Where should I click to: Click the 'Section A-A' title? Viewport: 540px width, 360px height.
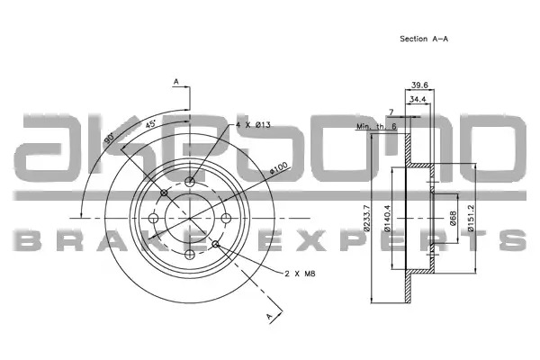pos(424,39)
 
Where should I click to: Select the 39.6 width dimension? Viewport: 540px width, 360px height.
pos(419,85)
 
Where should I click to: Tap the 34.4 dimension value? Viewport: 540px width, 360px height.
pos(418,99)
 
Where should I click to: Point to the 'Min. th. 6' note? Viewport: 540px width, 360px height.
pos(376,126)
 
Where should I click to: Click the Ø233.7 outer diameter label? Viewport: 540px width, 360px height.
pos(366,218)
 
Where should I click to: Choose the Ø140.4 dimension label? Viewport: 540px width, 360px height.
pos(387,218)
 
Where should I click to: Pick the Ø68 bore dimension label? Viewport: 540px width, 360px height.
pos(453,219)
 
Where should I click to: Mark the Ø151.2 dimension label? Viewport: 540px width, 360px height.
pos(471,218)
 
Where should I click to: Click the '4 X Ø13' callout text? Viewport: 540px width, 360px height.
pos(253,125)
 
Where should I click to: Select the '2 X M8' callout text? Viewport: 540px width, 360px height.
pos(300,274)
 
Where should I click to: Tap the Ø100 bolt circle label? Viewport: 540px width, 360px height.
pos(278,167)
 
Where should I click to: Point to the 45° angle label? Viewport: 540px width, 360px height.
pos(150,123)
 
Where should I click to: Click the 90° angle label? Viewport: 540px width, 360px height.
pos(110,138)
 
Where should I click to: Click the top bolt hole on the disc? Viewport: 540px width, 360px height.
pos(190,182)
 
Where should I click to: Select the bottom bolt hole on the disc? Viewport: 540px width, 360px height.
pos(190,255)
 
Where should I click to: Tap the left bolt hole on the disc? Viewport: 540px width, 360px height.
pos(153,218)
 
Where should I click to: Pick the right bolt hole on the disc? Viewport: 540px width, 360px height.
pos(226,218)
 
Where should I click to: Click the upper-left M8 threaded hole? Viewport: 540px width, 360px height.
pos(164,193)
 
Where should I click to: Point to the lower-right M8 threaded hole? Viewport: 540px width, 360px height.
pos(216,244)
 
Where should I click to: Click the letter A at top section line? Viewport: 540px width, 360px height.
pos(176,82)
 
